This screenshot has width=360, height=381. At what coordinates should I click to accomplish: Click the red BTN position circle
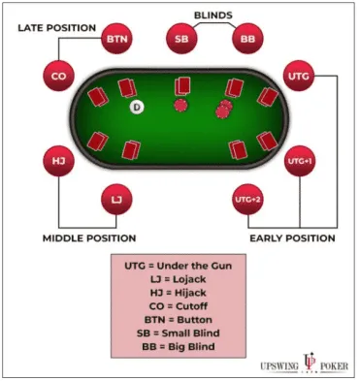pos(116,40)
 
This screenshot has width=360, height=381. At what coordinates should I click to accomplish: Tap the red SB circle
pos(180,40)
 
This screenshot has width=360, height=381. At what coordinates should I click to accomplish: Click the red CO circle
pos(58,74)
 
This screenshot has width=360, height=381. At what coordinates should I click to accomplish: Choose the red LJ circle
pos(116,200)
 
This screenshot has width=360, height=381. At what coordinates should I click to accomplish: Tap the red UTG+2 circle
pos(247,200)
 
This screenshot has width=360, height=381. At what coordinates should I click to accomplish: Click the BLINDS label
pos(213,16)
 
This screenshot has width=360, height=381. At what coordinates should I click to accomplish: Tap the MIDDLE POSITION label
pos(89,238)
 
